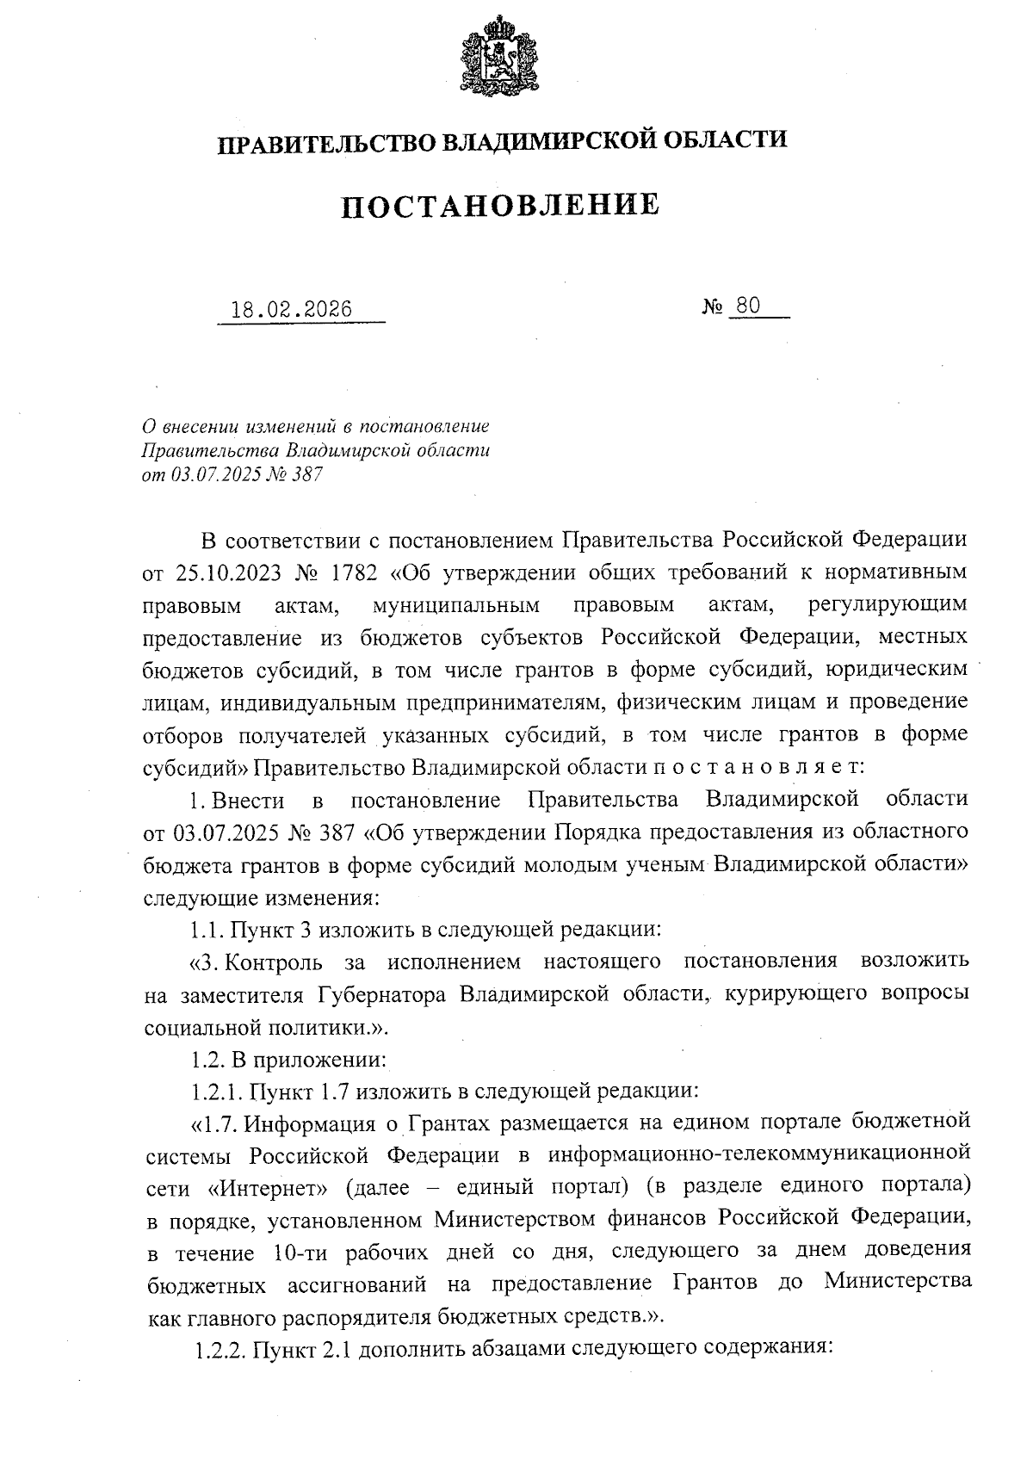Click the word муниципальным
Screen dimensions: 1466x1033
tap(457, 605)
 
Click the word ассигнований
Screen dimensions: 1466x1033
tap(361, 1283)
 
